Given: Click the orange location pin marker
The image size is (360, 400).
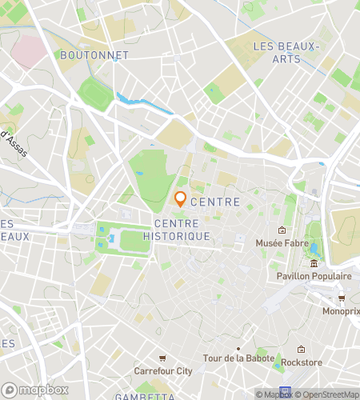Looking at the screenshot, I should [x=181, y=199].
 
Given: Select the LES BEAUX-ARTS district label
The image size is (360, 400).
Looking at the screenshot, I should [x=286, y=53].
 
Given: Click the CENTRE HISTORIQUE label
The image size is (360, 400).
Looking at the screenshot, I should [x=182, y=230].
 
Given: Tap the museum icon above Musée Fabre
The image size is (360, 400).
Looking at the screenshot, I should [x=282, y=230].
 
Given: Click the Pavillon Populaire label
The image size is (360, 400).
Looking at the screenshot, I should [x=314, y=276].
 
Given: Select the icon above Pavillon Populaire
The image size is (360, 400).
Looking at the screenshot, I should [x=314, y=264].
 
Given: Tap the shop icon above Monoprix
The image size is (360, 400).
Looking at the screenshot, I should [x=342, y=298].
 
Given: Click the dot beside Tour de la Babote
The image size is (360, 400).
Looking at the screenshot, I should [x=238, y=349].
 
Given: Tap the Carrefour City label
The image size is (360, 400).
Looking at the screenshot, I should [x=163, y=371].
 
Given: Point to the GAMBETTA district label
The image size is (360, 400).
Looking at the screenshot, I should [x=134, y=396].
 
